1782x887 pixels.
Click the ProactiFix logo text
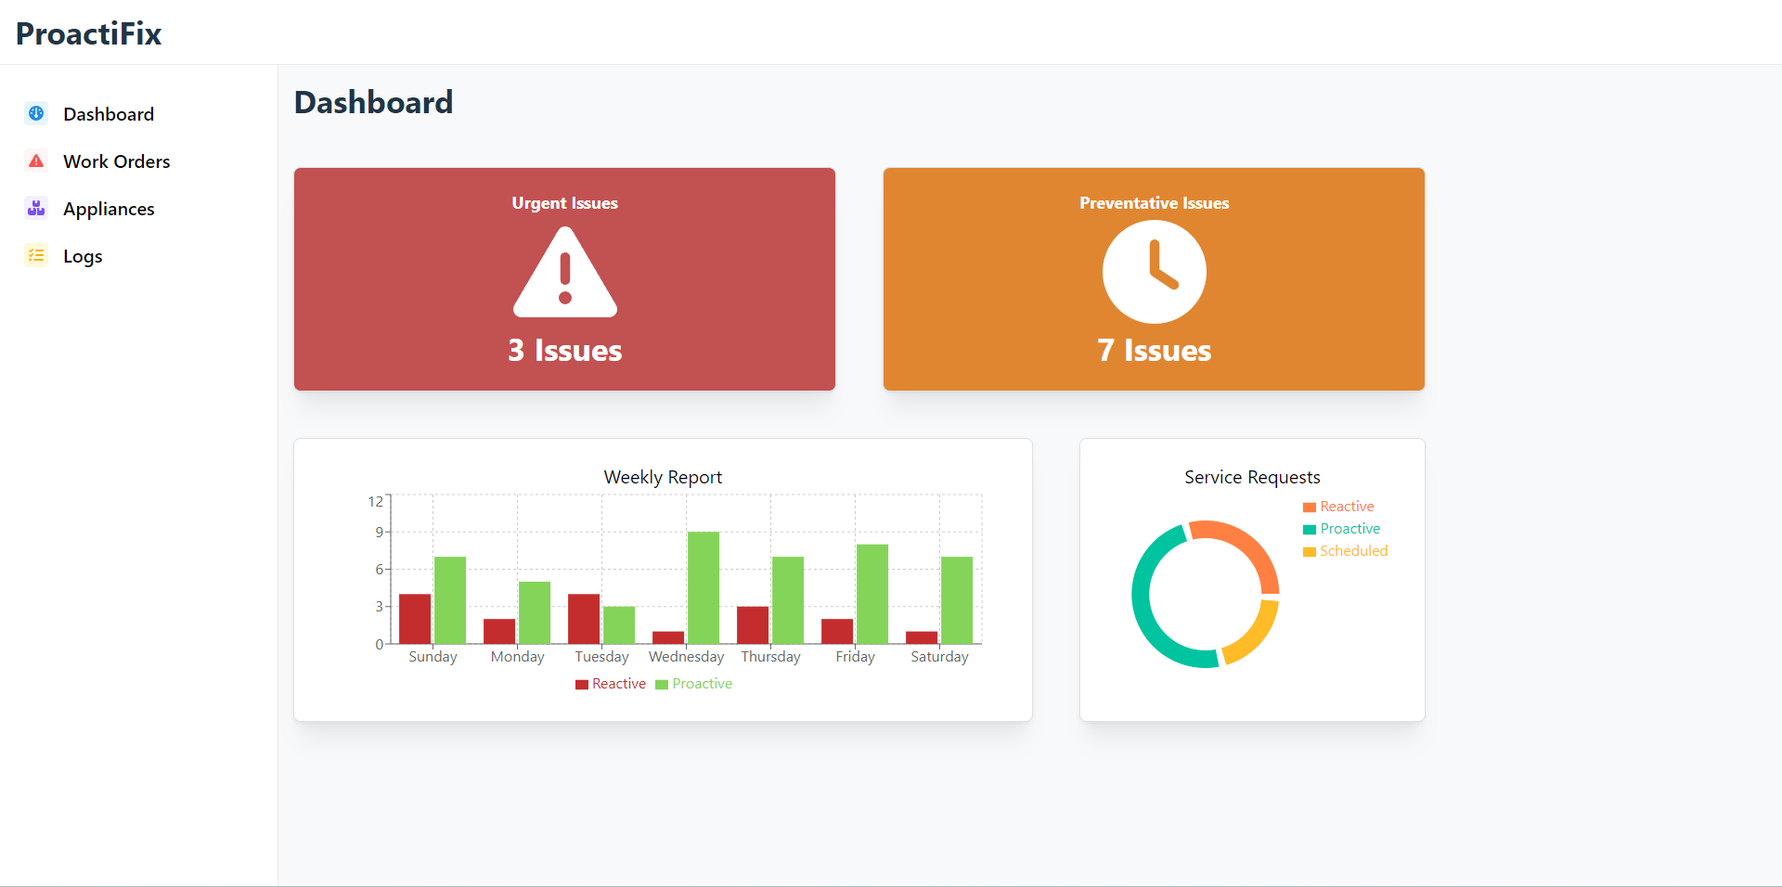pos(89,33)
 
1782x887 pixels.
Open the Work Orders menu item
pos(116,161)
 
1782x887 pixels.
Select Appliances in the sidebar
pos(109,209)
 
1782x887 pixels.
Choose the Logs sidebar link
pos(83,256)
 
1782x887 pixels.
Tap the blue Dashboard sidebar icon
pos(36,113)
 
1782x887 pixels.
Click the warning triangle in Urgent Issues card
pos(564,275)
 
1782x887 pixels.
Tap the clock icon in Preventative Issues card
pos(1154,272)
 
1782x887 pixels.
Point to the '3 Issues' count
pos(564,350)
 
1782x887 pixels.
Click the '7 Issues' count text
pos(1154,350)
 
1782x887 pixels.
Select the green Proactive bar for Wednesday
pos(704,587)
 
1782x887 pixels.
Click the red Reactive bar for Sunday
pos(415,618)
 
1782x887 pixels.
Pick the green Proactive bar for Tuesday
pos(619,624)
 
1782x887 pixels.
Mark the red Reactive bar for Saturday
pos(922,637)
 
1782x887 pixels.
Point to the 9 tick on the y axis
pos(379,532)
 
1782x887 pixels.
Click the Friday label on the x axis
pos(855,657)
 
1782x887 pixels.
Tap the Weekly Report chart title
pos(663,477)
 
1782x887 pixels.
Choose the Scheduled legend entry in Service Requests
pos(1353,551)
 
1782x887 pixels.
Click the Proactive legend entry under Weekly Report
pos(702,684)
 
